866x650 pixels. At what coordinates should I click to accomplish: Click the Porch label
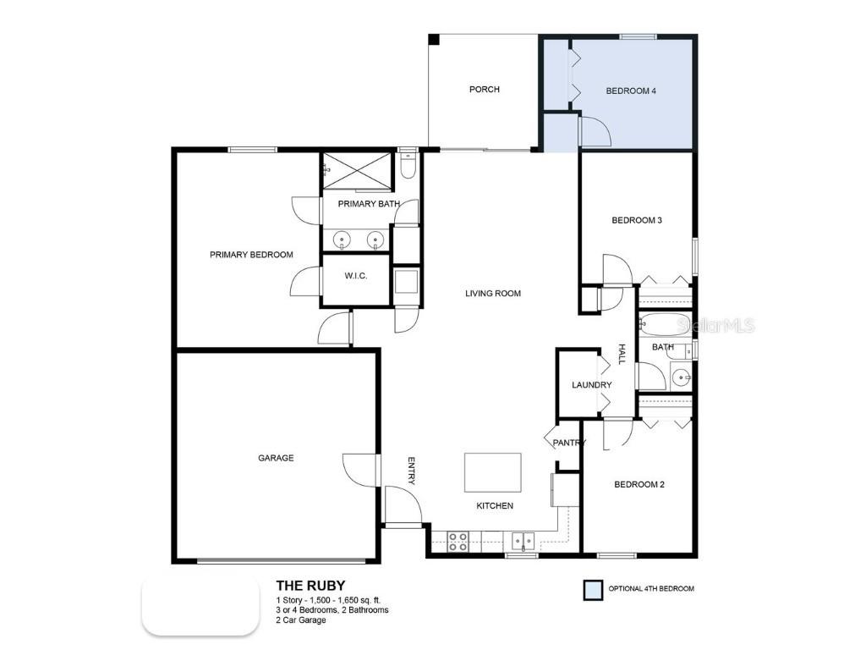[484, 90]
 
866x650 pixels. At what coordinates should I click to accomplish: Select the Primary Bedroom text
[251, 255]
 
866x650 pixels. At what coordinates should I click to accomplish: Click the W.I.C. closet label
[355, 277]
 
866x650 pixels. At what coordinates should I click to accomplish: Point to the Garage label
[276, 458]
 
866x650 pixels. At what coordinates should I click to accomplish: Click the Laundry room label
[591, 385]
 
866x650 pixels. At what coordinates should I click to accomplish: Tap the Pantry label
[567, 443]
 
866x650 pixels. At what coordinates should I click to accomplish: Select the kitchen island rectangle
[492, 472]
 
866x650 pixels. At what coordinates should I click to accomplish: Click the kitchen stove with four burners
[458, 542]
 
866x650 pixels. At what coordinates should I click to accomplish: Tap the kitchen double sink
[523, 541]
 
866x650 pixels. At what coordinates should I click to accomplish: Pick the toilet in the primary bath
[408, 166]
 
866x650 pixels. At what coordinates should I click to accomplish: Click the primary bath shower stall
[358, 171]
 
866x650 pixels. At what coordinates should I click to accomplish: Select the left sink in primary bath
[342, 240]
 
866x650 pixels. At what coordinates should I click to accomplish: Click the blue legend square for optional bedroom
[594, 590]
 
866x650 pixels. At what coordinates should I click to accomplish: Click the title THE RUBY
[310, 585]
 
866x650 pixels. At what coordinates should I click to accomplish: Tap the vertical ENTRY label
[411, 471]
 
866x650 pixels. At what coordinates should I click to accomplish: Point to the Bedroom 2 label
[639, 485]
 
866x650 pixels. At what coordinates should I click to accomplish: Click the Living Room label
[492, 294]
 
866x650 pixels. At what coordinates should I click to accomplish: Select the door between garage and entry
[361, 469]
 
